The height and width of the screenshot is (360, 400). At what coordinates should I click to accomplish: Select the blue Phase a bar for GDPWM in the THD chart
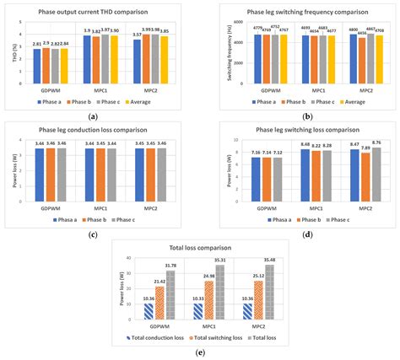point(37,63)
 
